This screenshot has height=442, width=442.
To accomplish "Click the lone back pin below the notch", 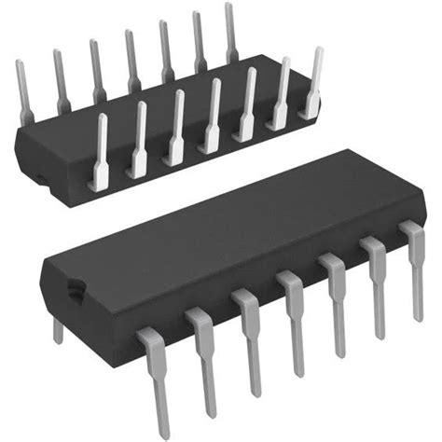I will pos(58,328).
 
